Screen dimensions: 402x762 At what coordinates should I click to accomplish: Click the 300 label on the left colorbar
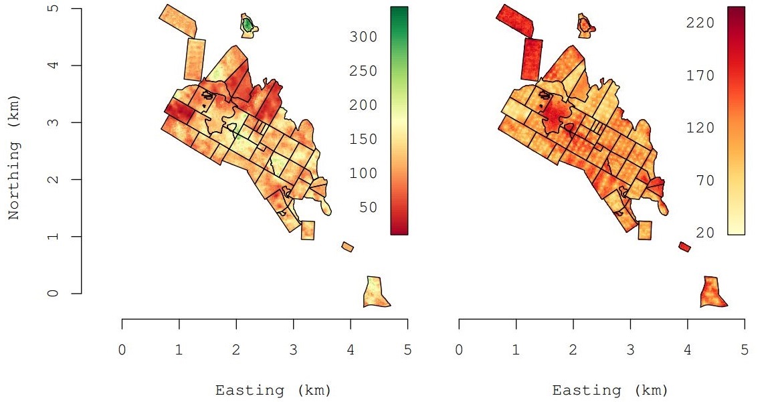click(363, 37)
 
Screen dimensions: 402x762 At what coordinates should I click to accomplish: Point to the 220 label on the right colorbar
click(700, 23)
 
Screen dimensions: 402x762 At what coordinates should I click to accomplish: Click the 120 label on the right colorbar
click(700, 128)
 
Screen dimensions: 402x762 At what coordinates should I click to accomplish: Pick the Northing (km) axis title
click(13, 157)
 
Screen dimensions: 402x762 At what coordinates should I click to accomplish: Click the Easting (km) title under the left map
click(272, 390)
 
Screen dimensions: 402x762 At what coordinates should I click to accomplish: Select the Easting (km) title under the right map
click(609, 390)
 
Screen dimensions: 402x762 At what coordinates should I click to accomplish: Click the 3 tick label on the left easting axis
click(293, 349)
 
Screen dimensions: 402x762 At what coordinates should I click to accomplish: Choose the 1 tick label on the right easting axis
click(516, 349)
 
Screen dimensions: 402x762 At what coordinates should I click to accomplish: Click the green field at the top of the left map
click(248, 25)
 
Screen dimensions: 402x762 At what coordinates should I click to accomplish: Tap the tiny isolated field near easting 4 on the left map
click(347, 247)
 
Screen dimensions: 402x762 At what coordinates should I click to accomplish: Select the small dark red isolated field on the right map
click(684, 247)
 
